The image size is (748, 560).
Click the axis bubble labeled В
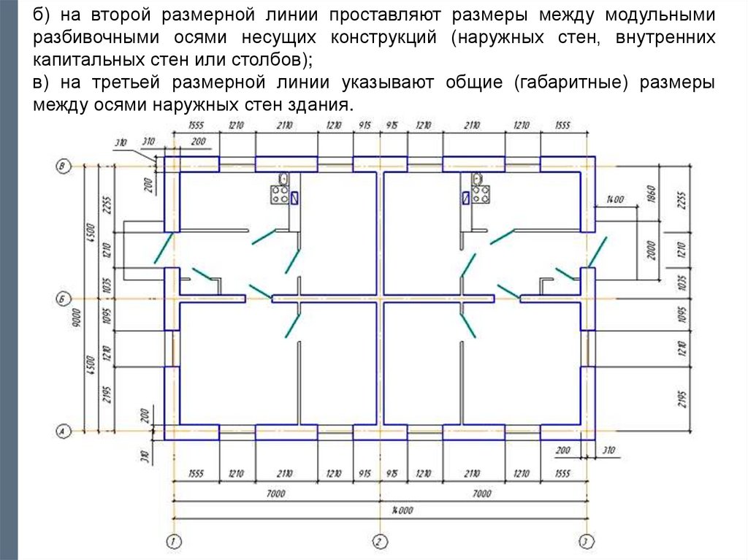pyautogui.click(x=62, y=166)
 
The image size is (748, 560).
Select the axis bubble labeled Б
pyautogui.click(x=62, y=299)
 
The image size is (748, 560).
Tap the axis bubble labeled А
pyautogui.click(x=62, y=431)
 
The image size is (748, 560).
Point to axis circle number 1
pyautogui.click(x=173, y=541)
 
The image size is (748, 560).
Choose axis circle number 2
pyautogui.click(x=378, y=541)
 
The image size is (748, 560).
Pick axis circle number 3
pyautogui.click(x=585, y=541)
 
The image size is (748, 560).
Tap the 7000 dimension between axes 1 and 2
pyautogui.click(x=275, y=494)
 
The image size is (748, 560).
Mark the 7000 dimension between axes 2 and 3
pyautogui.click(x=481, y=494)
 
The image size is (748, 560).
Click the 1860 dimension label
pyautogui.click(x=652, y=193)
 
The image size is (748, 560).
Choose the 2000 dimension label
pyautogui.click(x=652, y=250)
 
